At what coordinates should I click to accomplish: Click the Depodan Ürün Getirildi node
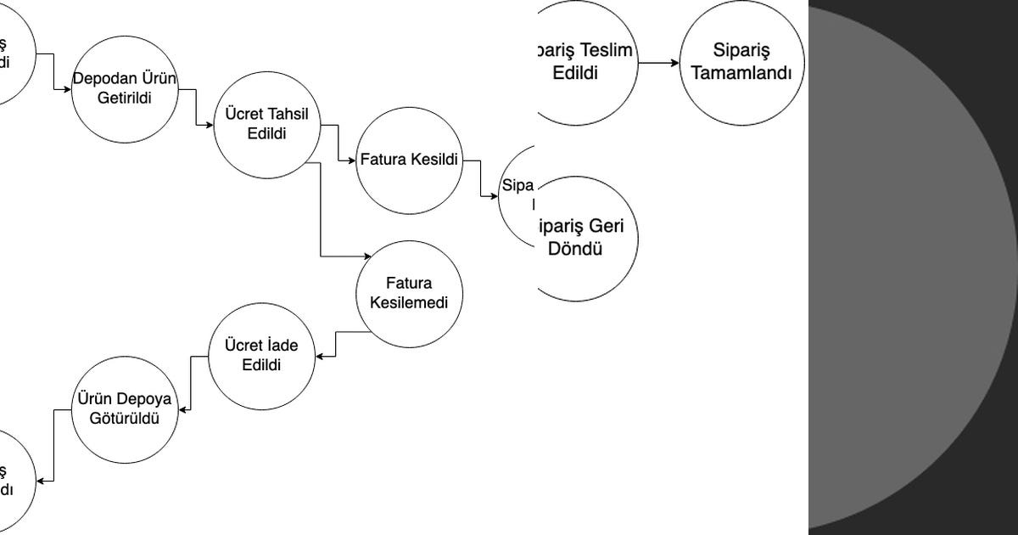[x=124, y=88]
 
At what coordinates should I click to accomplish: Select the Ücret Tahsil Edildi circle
[x=266, y=124]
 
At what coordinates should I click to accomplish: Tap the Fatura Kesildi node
[x=409, y=160]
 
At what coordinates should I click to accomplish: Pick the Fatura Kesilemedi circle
[x=409, y=293]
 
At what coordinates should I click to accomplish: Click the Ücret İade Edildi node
[x=261, y=356]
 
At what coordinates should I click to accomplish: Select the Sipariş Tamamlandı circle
[x=741, y=61]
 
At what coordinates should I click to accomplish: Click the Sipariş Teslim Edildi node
[x=585, y=62]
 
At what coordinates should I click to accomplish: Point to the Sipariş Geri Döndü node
[x=585, y=239]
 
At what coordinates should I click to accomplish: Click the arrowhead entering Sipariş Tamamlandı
[x=675, y=63]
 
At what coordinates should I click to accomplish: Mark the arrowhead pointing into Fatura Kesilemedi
[x=367, y=256]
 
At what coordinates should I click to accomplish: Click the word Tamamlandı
[x=741, y=73]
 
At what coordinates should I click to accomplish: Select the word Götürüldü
[x=125, y=418]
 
